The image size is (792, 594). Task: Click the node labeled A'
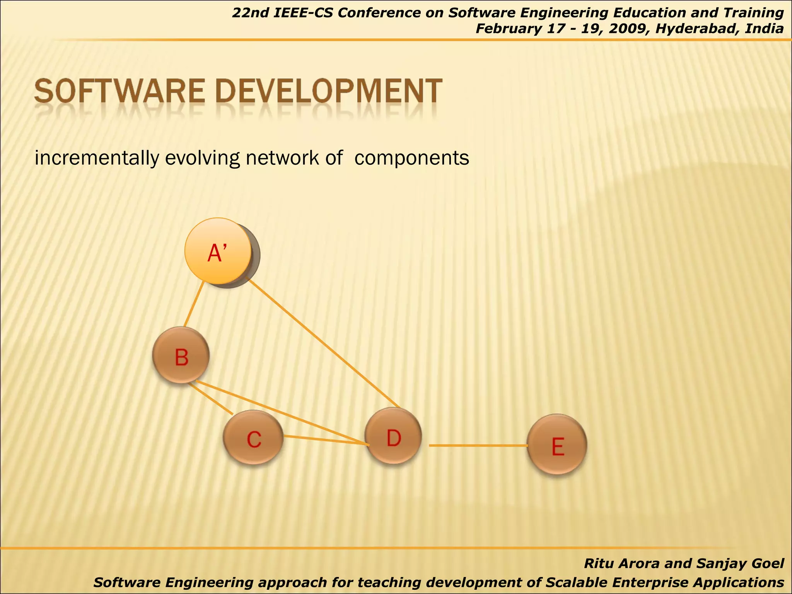pyautogui.click(x=218, y=251)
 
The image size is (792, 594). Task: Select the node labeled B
pyautogui.click(x=181, y=355)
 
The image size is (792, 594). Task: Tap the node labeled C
pyautogui.click(x=254, y=438)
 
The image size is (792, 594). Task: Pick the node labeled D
pyautogui.click(x=393, y=437)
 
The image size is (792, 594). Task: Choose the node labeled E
pyautogui.click(x=557, y=445)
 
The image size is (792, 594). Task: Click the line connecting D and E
pyautogui.click(x=478, y=445)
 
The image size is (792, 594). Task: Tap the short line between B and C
pyautogui.click(x=211, y=399)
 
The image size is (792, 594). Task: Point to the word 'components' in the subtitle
pyautogui.click(x=411, y=158)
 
